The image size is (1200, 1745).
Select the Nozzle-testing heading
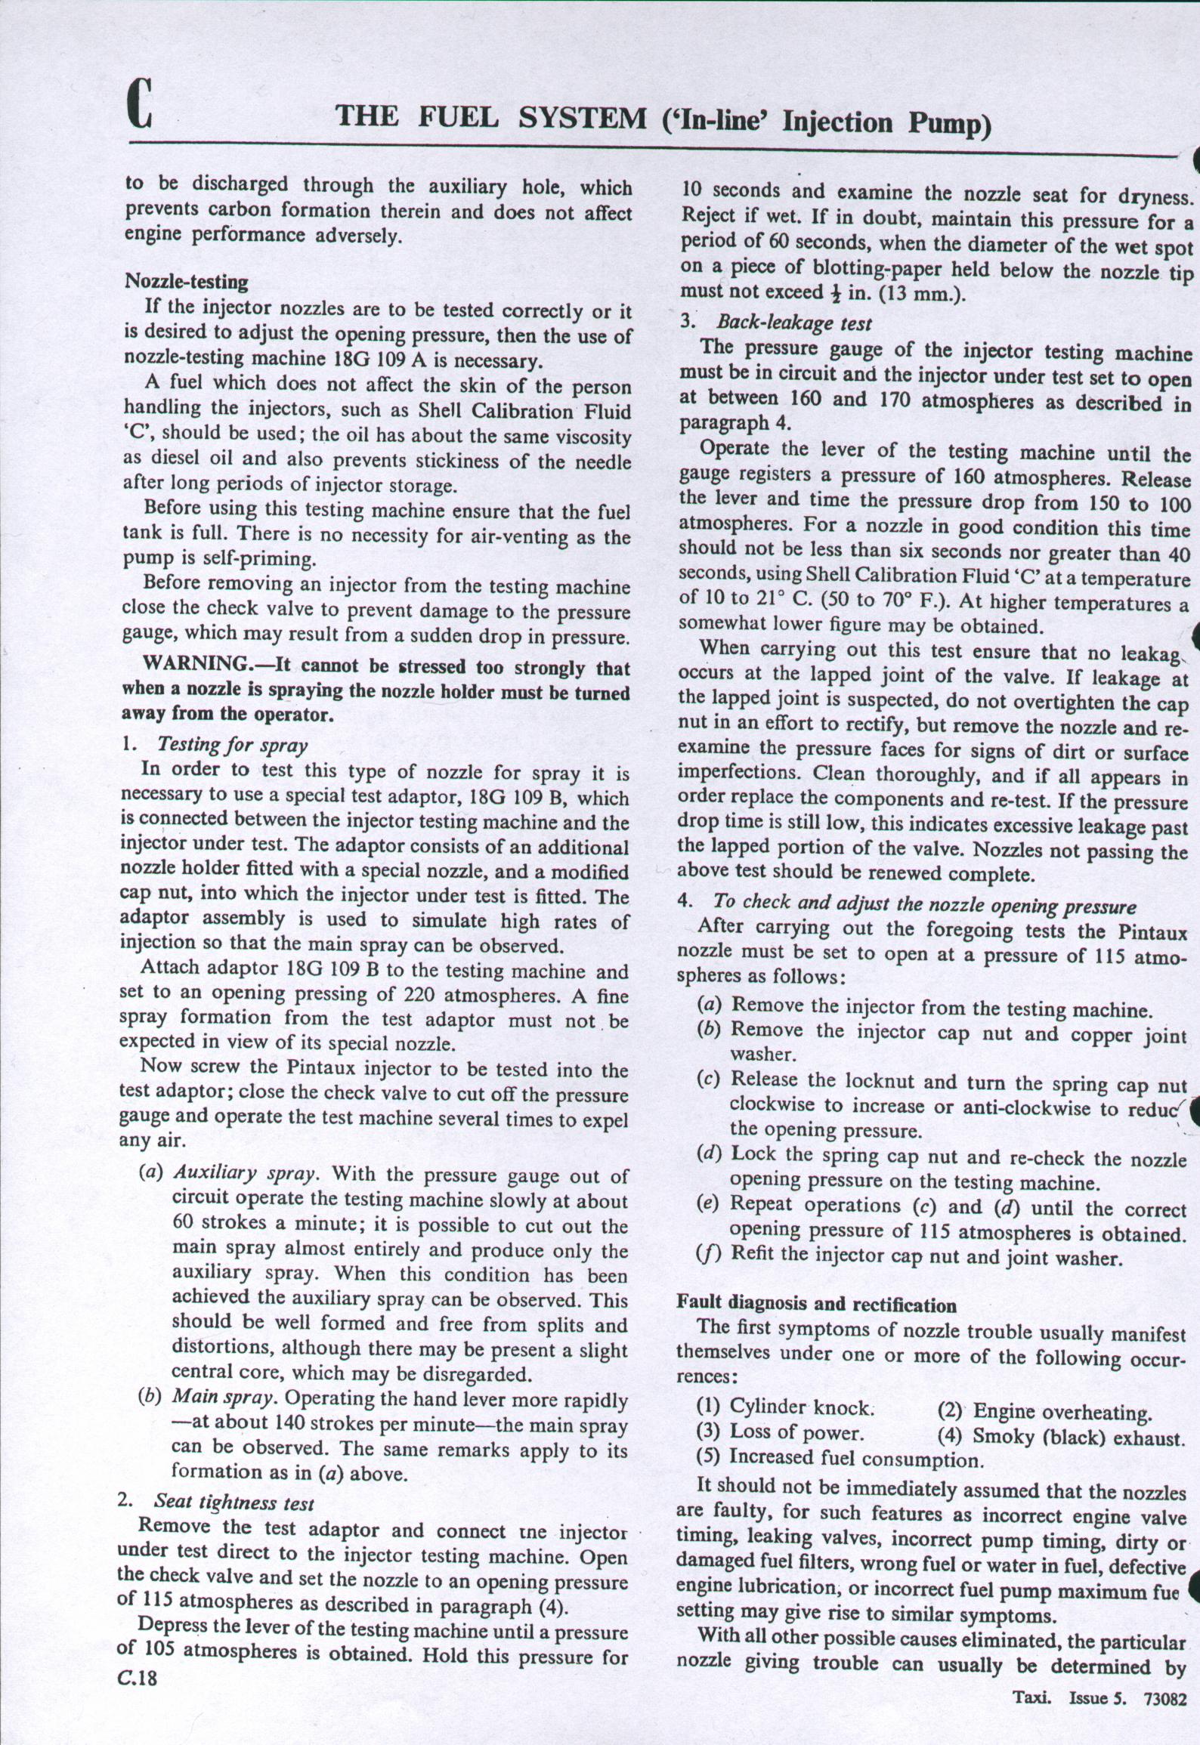click(x=186, y=282)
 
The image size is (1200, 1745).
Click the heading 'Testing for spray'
click(x=232, y=745)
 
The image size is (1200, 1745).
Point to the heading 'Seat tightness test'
click(x=234, y=1502)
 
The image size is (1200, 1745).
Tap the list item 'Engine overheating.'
click(x=1062, y=1411)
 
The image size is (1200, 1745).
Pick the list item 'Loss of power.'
click(x=796, y=1432)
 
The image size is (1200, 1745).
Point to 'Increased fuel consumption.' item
click(x=856, y=1458)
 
